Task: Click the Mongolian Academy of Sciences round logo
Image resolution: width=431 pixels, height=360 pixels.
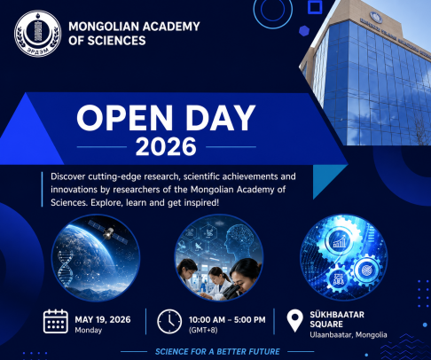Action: pyautogui.click(x=38, y=34)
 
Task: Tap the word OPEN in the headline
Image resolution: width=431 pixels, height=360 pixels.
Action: pyautogui.click(x=125, y=118)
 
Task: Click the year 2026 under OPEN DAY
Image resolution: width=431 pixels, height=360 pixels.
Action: pyautogui.click(x=166, y=146)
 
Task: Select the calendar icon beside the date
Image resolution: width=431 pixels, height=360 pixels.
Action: pyautogui.click(x=56, y=321)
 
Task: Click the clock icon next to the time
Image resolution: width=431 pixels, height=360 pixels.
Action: pyautogui.click(x=169, y=322)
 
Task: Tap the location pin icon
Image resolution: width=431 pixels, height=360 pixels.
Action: pyautogui.click(x=294, y=321)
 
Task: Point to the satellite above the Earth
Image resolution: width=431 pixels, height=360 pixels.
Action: pyautogui.click(x=108, y=232)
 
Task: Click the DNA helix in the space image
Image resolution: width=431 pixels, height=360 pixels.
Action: pyautogui.click(x=65, y=269)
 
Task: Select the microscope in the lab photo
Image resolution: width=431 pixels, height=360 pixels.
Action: pyautogui.click(x=232, y=290)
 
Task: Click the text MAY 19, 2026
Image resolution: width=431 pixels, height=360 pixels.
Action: pyautogui.click(x=103, y=319)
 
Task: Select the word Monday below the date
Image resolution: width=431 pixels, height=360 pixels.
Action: pyautogui.click(x=89, y=330)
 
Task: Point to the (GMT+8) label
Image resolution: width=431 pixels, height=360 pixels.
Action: pyautogui.click(x=203, y=330)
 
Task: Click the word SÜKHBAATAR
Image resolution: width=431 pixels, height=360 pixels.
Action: pyautogui.click(x=337, y=315)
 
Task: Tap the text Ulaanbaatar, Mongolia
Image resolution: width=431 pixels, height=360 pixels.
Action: pyautogui.click(x=349, y=335)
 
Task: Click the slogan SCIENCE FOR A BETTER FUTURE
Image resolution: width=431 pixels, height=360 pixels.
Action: pyautogui.click(x=217, y=352)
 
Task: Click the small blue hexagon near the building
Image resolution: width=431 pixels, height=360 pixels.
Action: pyautogui.click(x=304, y=31)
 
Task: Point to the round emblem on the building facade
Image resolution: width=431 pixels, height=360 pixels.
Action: pyautogui.click(x=376, y=18)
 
